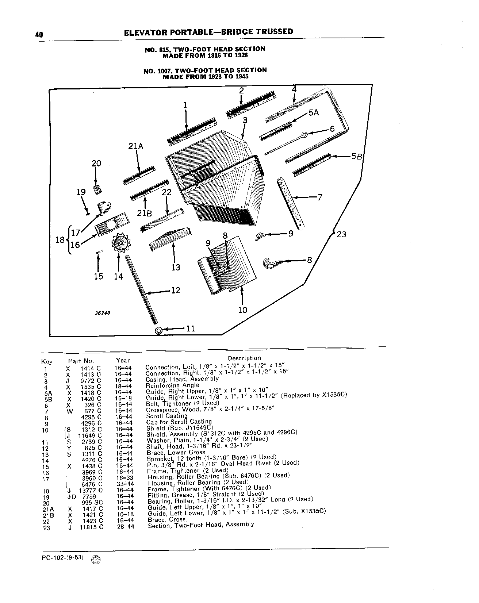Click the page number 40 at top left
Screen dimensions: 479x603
pyautogui.click(x=39, y=34)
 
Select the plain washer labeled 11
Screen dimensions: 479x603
pyautogui.click(x=159, y=331)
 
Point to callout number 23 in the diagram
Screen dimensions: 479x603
pyautogui.click(x=341, y=234)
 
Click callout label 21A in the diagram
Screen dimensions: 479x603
pyautogui.click(x=136, y=146)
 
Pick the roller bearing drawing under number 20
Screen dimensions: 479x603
pyautogui.click(x=97, y=190)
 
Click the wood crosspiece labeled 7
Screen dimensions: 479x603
pyautogui.click(x=291, y=204)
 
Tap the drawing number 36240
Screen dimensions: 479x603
pyautogui.click(x=103, y=313)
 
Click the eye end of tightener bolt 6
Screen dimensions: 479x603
pyautogui.click(x=304, y=135)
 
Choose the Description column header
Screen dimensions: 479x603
pyautogui.click(x=244, y=358)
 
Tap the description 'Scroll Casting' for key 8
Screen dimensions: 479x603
pyautogui.click(x=167, y=416)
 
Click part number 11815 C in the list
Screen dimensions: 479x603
pyautogui.click(x=89, y=527)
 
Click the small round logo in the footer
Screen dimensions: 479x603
pyautogui.click(x=95, y=560)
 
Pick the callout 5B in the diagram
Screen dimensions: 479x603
pyautogui.click(x=356, y=157)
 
